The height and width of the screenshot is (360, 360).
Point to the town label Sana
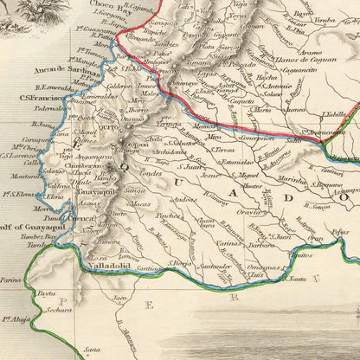90,350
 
